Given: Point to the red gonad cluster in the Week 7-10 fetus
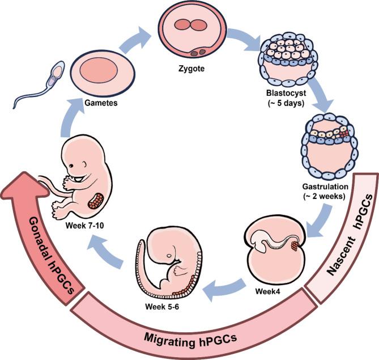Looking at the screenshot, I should (x=100, y=201).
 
